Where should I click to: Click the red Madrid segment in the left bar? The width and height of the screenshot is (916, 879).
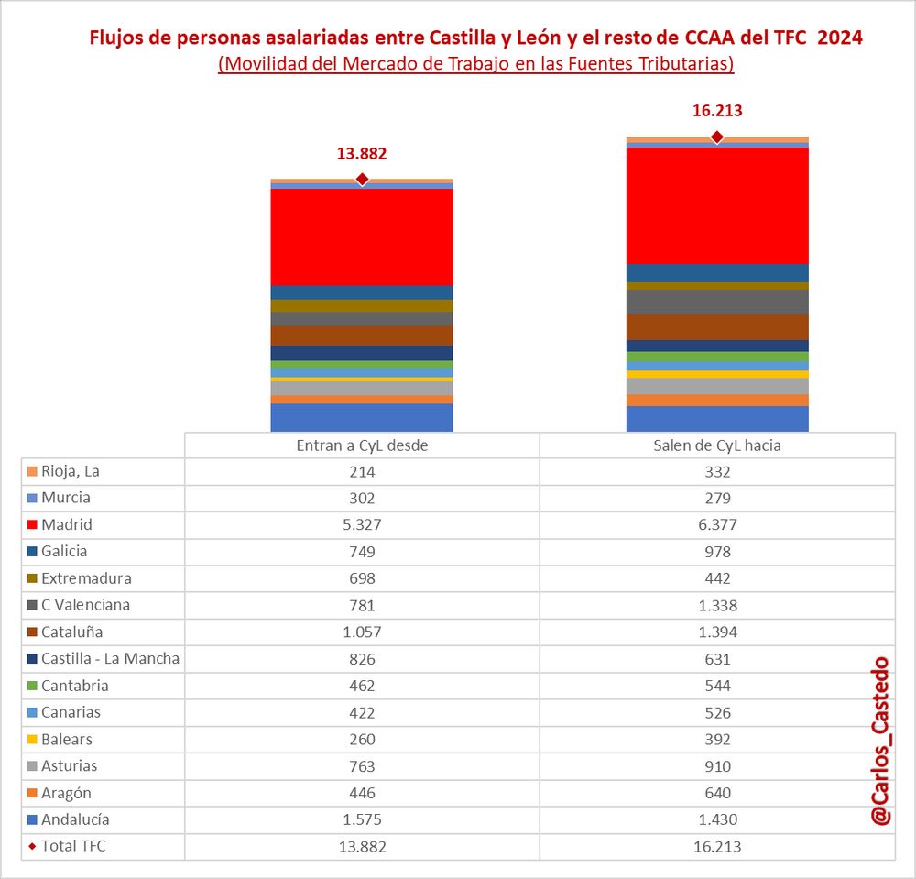[x=362, y=236]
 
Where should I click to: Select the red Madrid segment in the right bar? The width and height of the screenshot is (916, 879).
[x=717, y=205]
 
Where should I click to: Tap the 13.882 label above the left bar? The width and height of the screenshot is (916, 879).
[x=362, y=153]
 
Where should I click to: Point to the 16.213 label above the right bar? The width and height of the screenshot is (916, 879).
[x=717, y=111]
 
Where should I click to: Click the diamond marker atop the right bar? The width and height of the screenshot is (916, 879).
[x=717, y=137]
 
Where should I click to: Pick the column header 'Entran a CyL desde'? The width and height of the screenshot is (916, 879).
[x=362, y=445]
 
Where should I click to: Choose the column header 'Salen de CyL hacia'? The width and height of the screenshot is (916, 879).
[x=717, y=445]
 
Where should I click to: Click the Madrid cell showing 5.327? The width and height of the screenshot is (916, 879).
[x=362, y=525]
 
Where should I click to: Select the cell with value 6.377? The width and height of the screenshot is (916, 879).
[x=717, y=525]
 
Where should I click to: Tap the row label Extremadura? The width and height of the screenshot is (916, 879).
[x=86, y=578]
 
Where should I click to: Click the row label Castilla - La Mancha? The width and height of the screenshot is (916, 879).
[x=110, y=658]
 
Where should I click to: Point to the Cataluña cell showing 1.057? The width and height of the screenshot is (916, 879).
[x=362, y=632]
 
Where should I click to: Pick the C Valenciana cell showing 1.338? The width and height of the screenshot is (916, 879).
[x=717, y=605]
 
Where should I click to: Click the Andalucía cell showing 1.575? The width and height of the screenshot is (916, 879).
[x=362, y=819]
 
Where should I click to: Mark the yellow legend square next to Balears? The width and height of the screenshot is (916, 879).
[x=31, y=740]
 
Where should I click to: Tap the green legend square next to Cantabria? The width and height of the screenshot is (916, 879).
[x=31, y=687]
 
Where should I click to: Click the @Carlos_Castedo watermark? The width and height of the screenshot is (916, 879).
[x=880, y=741]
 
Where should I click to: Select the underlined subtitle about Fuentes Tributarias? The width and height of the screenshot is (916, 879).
[x=476, y=64]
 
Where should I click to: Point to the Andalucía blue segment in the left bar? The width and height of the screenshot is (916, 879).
[x=362, y=417]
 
